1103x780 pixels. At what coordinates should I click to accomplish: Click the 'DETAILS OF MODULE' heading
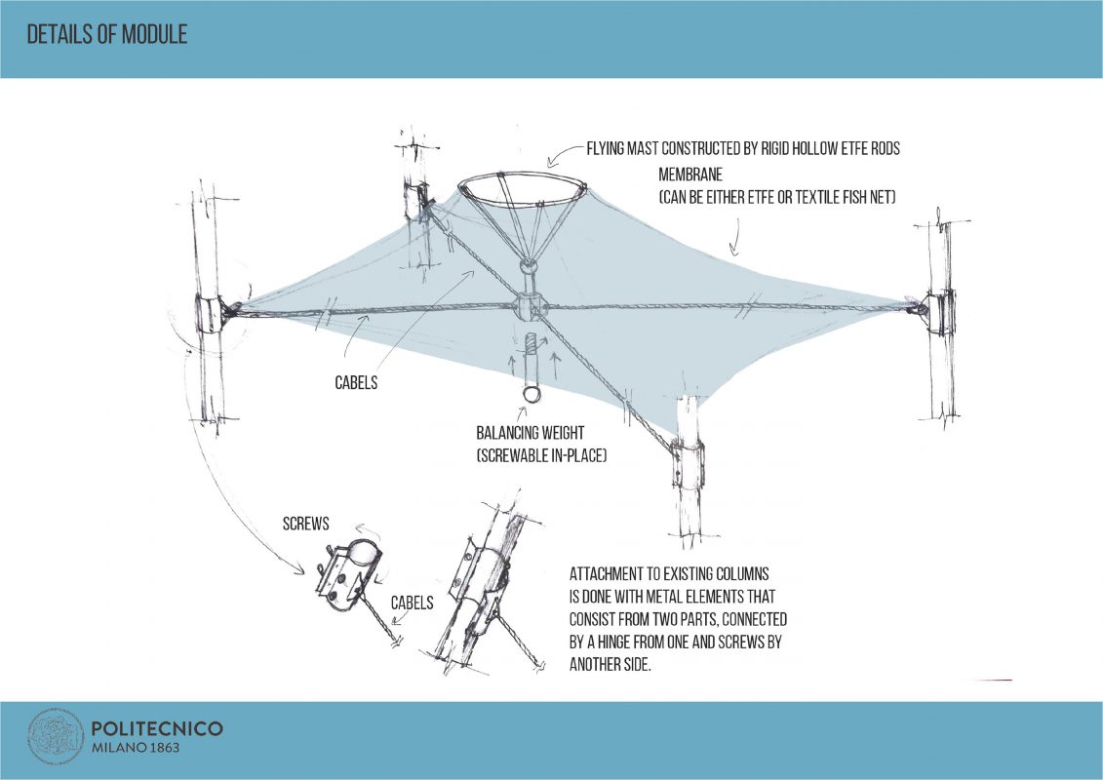[107, 35]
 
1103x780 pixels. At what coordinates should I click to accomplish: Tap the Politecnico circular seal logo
[55, 737]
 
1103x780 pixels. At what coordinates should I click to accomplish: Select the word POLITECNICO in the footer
[156, 728]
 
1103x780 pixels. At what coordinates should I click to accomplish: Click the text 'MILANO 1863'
[135, 748]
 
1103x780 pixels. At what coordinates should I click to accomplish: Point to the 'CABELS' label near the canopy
[356, 383]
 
